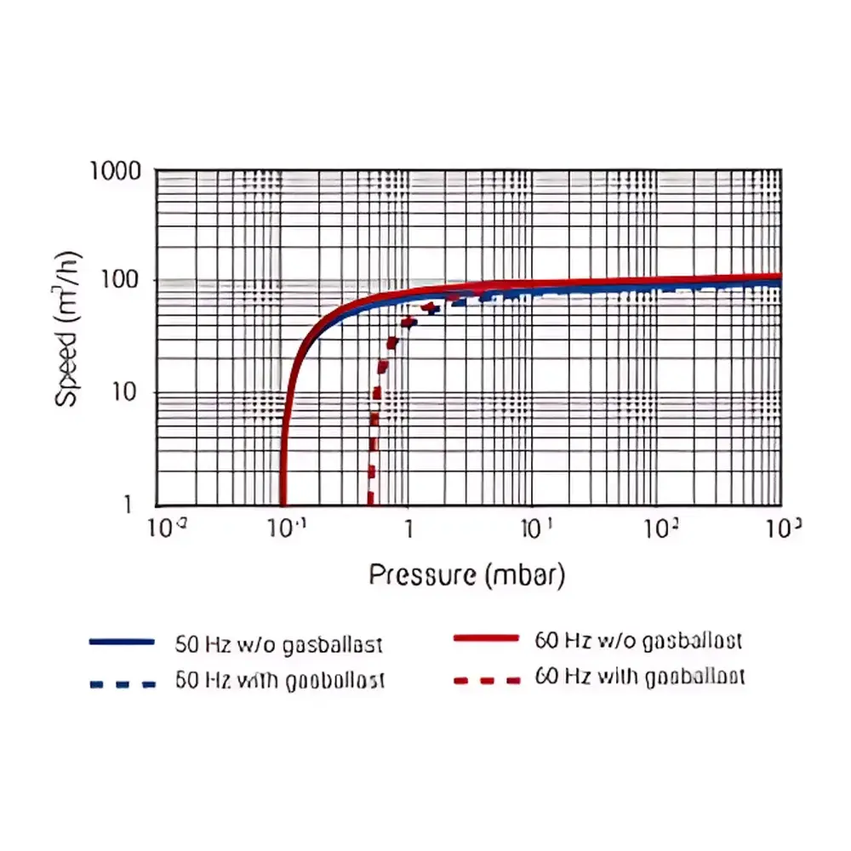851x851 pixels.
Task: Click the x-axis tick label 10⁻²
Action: pos(167,529)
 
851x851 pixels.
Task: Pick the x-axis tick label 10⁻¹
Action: pos(285,529)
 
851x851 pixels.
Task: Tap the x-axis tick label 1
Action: pos(408,529)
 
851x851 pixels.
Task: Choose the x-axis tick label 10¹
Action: pos(534,529)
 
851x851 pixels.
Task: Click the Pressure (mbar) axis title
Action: pos(467,575)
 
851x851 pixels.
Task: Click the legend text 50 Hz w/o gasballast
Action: pos(279,644)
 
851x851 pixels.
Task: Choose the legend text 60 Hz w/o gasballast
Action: pos(640,641)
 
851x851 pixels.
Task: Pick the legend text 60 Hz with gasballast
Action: pos(640,677)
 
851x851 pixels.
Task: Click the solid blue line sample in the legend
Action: pos(122,641)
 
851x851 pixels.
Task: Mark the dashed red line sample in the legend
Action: pos(486,680)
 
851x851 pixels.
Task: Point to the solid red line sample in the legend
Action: pos(486,637)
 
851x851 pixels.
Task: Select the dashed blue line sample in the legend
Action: pos(122,683)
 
